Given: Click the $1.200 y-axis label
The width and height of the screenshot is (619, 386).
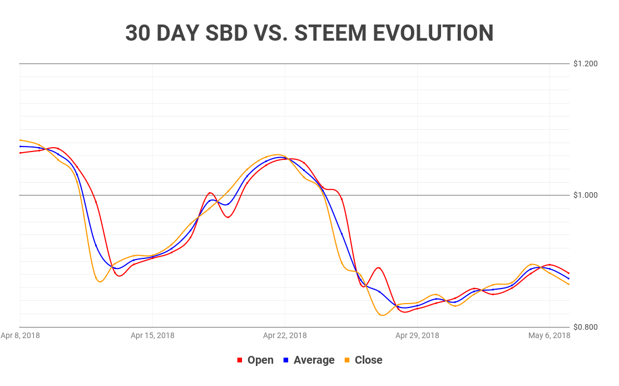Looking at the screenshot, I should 586,63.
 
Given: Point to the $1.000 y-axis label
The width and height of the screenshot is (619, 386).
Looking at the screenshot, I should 586,195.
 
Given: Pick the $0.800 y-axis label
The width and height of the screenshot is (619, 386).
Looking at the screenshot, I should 586,327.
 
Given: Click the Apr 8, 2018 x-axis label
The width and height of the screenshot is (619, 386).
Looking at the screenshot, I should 20,335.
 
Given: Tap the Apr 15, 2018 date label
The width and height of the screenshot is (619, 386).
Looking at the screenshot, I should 152,335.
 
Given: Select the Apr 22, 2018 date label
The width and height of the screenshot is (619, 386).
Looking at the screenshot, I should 285,335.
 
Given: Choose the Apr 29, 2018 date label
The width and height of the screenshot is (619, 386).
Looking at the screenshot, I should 417,335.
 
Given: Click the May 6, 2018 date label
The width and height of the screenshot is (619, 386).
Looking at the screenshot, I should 549,335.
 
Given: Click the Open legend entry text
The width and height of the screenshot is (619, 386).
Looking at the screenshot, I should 260,360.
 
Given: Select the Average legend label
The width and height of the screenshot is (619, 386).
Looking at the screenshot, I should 314,360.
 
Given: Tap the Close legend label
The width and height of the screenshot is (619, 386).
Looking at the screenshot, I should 368,360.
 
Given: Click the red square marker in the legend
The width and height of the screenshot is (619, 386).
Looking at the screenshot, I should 240,360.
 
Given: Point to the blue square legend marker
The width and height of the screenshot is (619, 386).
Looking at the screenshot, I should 286,360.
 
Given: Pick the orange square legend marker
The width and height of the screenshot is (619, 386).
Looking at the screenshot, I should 347,360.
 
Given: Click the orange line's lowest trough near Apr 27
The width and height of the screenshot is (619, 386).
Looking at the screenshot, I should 382,315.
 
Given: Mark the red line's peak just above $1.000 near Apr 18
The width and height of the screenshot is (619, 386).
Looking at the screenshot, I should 210,193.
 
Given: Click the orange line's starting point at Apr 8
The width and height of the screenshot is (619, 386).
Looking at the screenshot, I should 20,140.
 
